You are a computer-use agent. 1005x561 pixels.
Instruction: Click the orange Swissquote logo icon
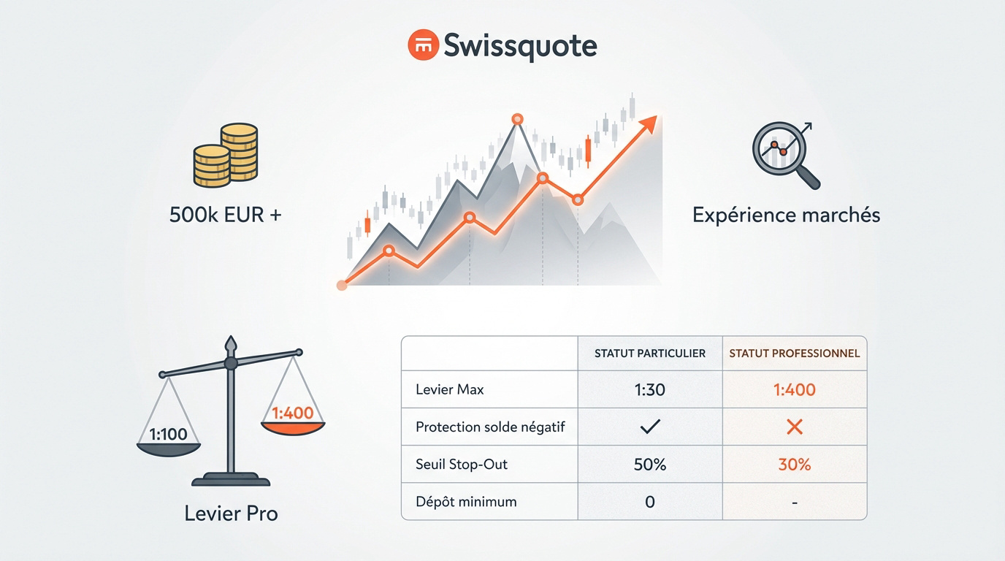[x=422, y=45]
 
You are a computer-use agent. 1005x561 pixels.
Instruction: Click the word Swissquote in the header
[x=521, y=46]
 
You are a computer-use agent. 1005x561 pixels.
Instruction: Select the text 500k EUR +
[x=226, y=215]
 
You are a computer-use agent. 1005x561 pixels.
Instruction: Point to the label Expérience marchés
[x=786, y=215]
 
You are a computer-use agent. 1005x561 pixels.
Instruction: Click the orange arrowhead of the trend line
[x=648, y=124]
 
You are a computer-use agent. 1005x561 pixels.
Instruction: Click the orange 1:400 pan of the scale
[x=293, y=420]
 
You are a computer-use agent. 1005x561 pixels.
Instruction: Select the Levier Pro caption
[x=231, y=514]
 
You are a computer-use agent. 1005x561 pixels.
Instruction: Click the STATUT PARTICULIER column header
[x=650, y=354]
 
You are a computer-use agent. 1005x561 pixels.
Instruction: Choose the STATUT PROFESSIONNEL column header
[x=795, y=354]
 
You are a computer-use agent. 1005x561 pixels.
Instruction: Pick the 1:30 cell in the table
[x=650, y=390]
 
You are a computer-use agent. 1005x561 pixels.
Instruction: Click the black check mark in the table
[x=649, y=427]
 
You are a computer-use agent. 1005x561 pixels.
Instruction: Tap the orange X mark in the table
[x=795, y=427]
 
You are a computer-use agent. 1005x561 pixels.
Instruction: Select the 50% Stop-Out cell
[x=650, y=465]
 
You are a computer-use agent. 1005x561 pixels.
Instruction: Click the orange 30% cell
[x=795, y=465]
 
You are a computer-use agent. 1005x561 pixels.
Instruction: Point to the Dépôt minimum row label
[x=466, y=502]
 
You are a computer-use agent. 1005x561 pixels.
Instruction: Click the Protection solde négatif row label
[x=490, y=427]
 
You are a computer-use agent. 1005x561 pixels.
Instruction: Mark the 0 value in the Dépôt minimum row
[x=650, y=502]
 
